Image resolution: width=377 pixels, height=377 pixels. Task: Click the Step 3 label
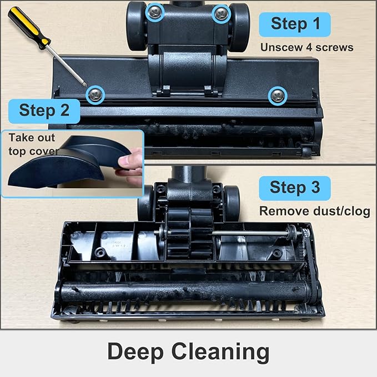295,187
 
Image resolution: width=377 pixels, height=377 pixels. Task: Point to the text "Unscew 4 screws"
306,47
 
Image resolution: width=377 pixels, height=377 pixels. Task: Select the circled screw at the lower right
277,95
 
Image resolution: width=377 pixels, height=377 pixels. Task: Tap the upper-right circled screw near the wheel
221,13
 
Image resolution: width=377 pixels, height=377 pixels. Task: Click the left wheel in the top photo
135,25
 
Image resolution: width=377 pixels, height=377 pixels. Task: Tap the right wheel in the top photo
239,25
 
